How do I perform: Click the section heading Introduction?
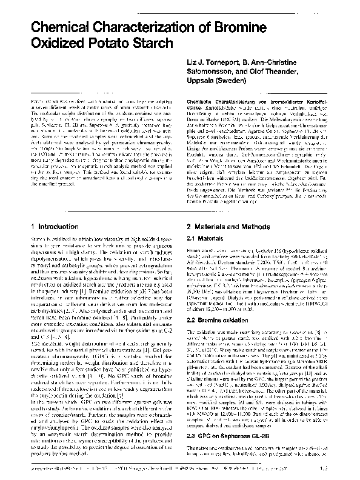click(63, 225)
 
